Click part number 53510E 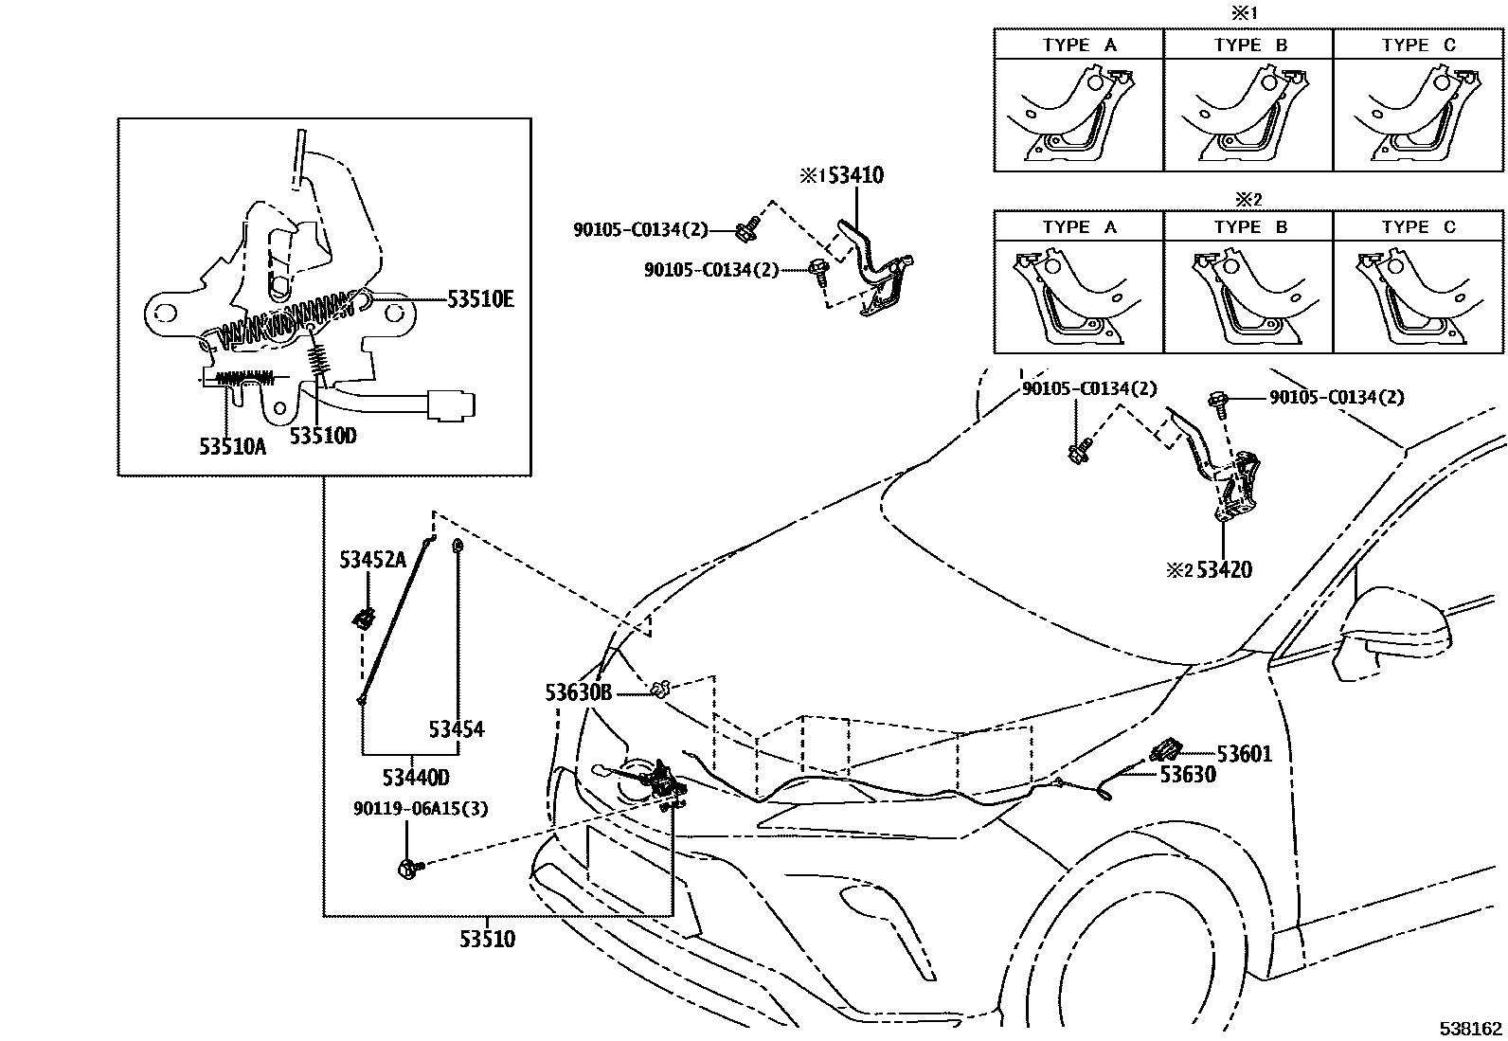point(480,300)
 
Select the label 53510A point(232,445)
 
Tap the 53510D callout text point(323,436)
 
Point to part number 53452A point(372,560)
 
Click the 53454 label point(456,728)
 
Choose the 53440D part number point(416,778)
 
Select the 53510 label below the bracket point(487,939)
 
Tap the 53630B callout point(578,693)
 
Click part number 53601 point(1244,754)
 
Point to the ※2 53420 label point(1210,570)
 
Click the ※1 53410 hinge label point(841,175)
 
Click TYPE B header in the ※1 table point(1248,45)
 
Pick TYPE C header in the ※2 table point(1418,227)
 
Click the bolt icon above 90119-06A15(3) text point(407,865)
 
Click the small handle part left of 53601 point(1164,751)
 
